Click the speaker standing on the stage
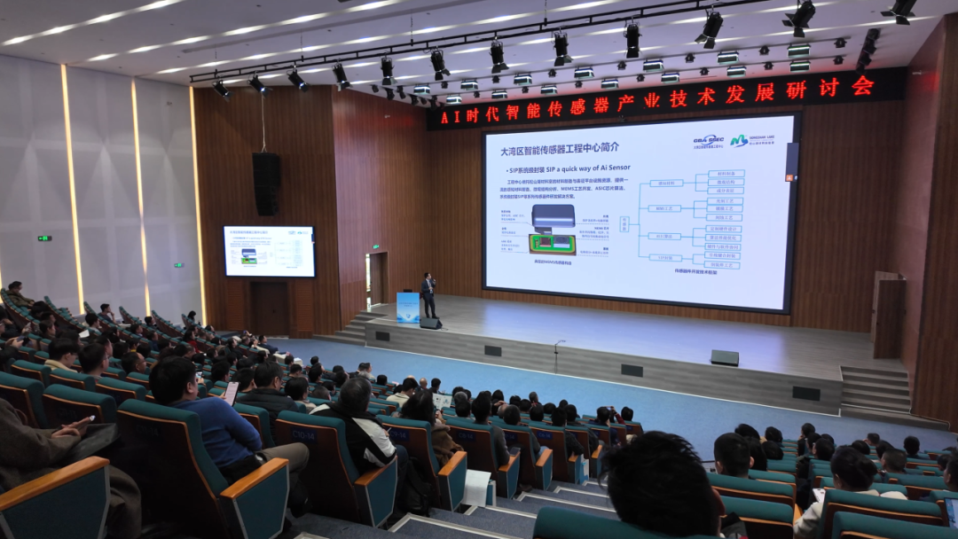coord(428,294)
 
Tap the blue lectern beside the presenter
coord(408,308)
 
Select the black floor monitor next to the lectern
coord(431,324)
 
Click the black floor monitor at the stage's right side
coord(724,357)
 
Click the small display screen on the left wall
coord(269,251)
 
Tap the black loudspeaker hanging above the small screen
coord(266,184)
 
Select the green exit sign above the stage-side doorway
coord(376,246)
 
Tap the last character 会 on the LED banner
coord(862,86)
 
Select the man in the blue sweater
coord(208,417)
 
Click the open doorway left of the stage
coord(377,279)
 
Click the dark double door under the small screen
coord(268,308)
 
